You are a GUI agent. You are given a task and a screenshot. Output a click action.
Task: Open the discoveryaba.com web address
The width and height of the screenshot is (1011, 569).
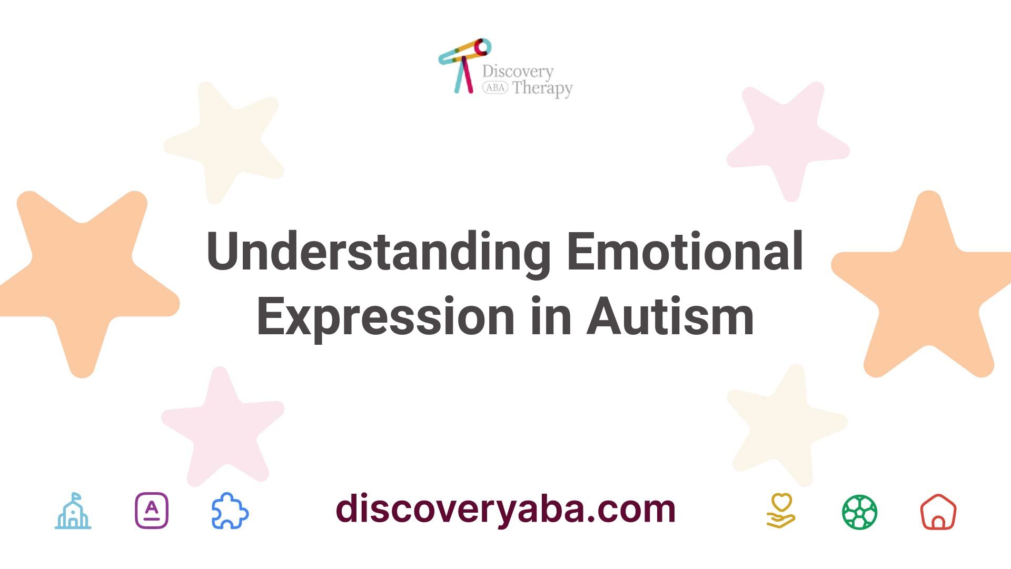[x=506, y=508]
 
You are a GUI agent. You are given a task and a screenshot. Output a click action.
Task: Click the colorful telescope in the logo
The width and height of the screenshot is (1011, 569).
[x=464, y=65]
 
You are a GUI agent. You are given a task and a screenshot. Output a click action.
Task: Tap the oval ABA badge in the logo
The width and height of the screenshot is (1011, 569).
[x=495, y=88]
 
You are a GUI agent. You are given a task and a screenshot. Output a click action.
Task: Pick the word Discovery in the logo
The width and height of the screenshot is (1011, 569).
[x=518, y=72]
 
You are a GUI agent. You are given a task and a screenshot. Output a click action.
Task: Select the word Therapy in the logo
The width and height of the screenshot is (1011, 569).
[x=542, y=88]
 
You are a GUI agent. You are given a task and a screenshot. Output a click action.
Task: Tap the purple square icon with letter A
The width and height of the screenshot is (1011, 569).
[x=152, y=511]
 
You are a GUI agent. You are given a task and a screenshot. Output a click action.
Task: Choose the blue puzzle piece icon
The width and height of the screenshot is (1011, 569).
[x=230, y=511]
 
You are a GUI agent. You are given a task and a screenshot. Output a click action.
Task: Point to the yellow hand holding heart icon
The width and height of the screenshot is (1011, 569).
[x=781, y=511]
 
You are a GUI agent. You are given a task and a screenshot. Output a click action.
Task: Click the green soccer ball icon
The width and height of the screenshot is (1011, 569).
[x=860, y=512]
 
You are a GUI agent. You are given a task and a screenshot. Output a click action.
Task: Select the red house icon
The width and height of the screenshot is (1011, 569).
[x=938, y=512]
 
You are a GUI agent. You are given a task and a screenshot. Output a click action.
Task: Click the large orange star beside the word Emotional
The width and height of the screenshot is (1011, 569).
[x=921, y=287]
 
